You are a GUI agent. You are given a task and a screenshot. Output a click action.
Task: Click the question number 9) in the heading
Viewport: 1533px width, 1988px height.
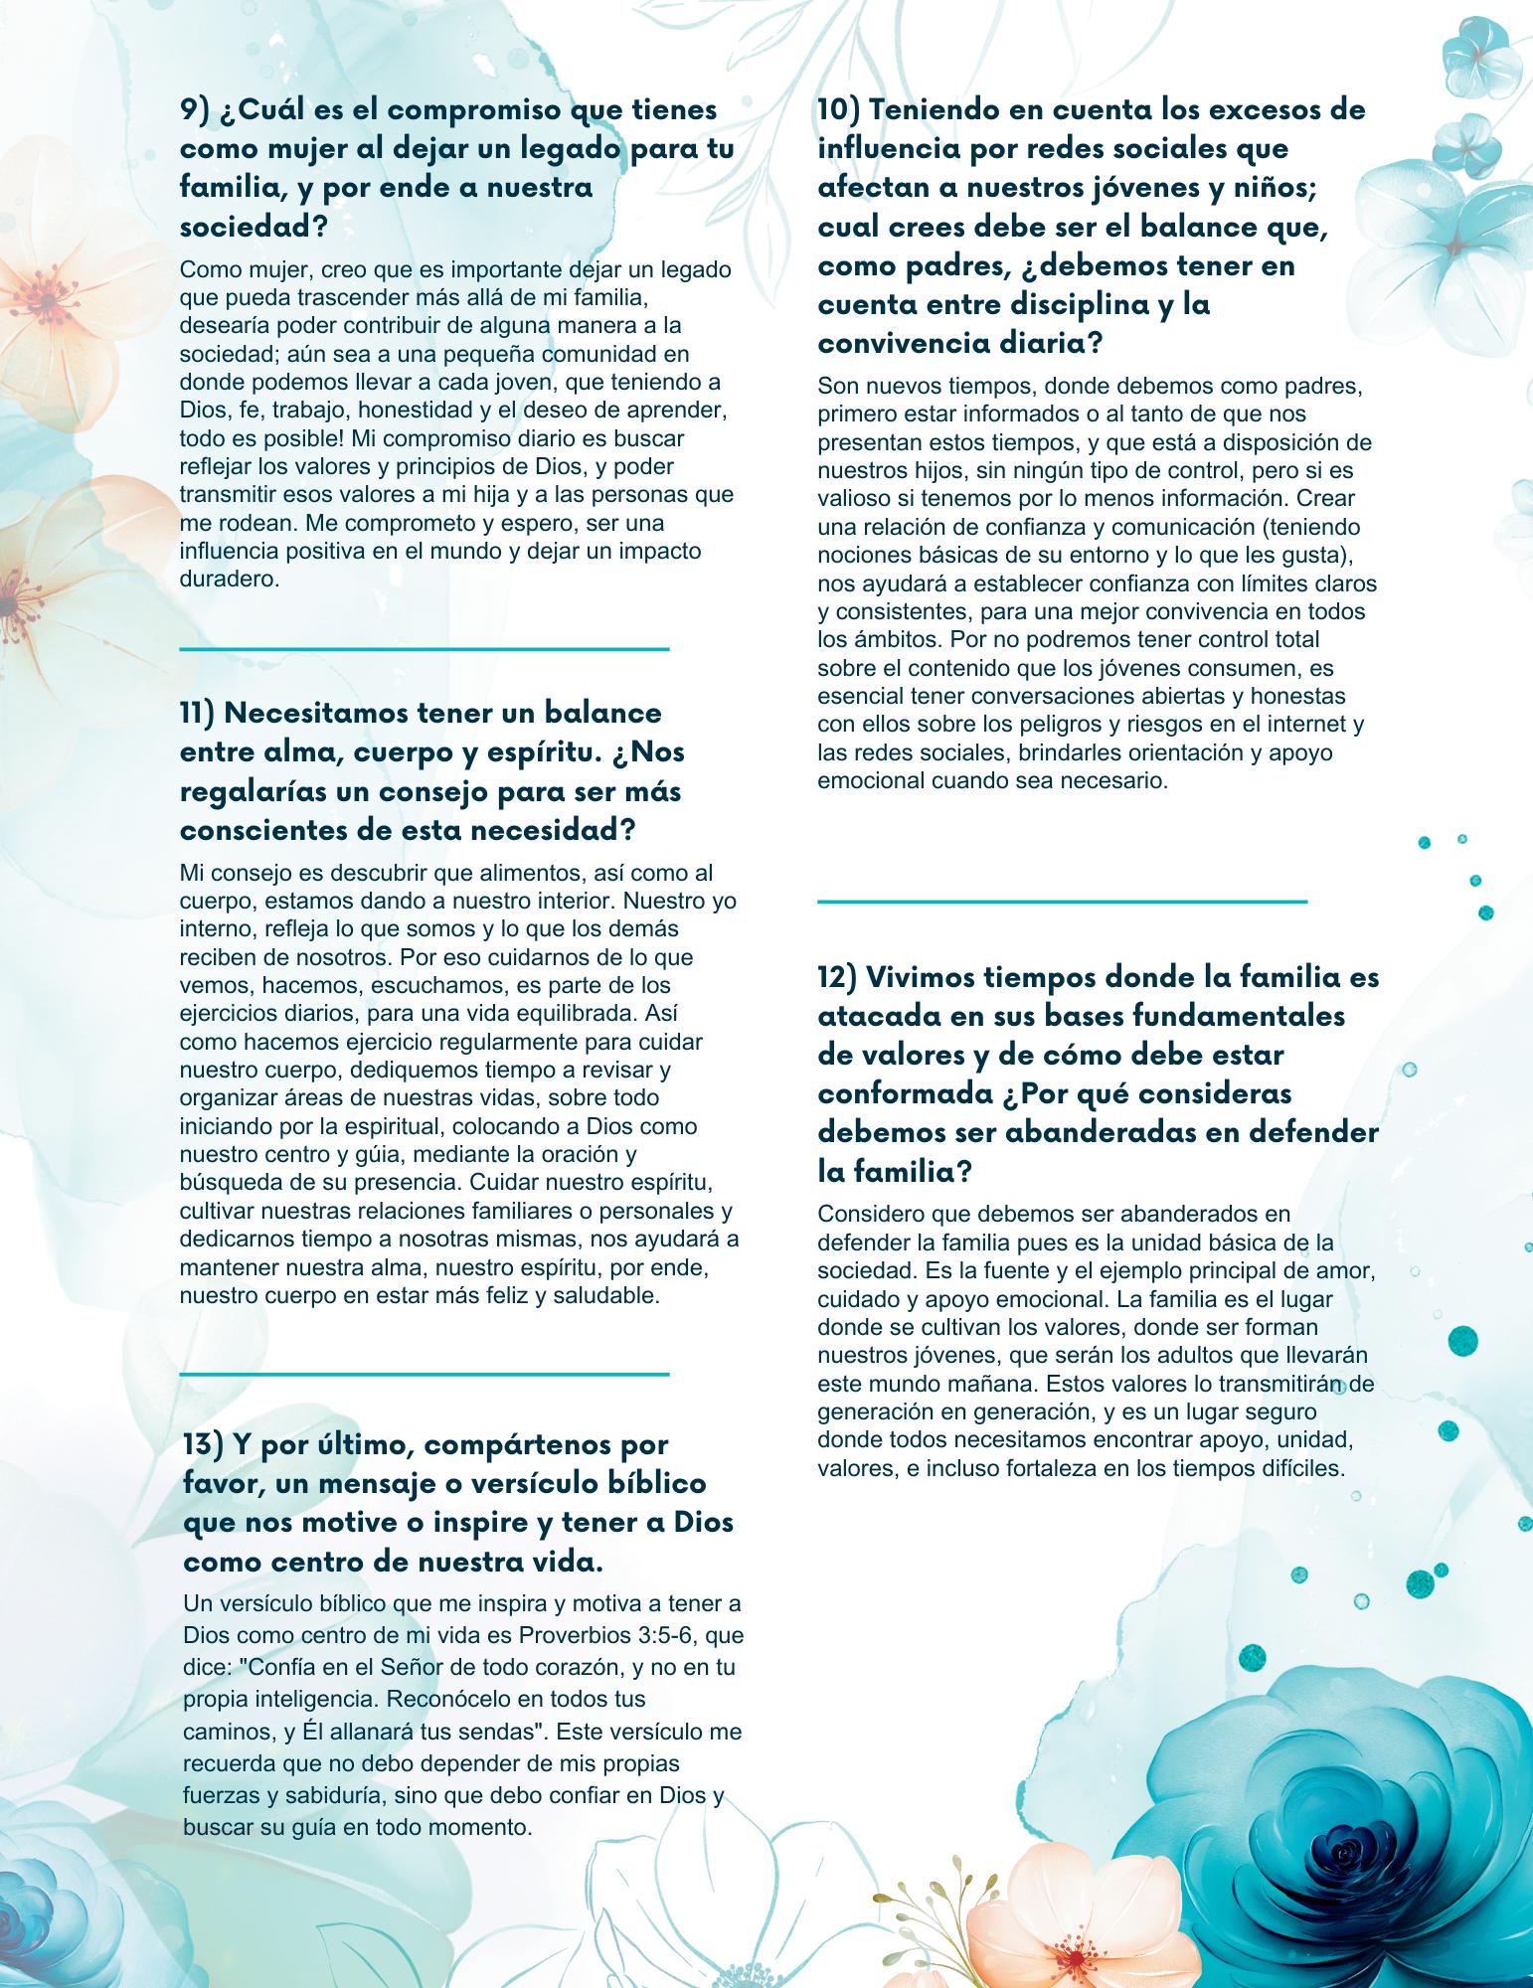pos(194,110)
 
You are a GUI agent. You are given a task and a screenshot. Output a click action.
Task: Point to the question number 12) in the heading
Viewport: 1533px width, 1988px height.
pos(837,977)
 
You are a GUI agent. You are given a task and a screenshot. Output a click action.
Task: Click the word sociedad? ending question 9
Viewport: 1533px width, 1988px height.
pos(254,227)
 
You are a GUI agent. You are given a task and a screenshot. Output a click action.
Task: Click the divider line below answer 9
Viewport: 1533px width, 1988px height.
pos(425,649)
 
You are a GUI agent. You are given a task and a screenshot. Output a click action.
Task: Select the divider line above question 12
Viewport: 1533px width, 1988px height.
pos(1062,902)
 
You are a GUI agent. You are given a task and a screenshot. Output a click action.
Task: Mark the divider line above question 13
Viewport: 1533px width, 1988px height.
pos(425,1375)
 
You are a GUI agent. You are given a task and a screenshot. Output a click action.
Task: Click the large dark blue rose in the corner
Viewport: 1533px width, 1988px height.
pos(1352,1849)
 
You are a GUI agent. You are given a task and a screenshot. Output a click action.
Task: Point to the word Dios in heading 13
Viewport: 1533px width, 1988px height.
pos(703,1523)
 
